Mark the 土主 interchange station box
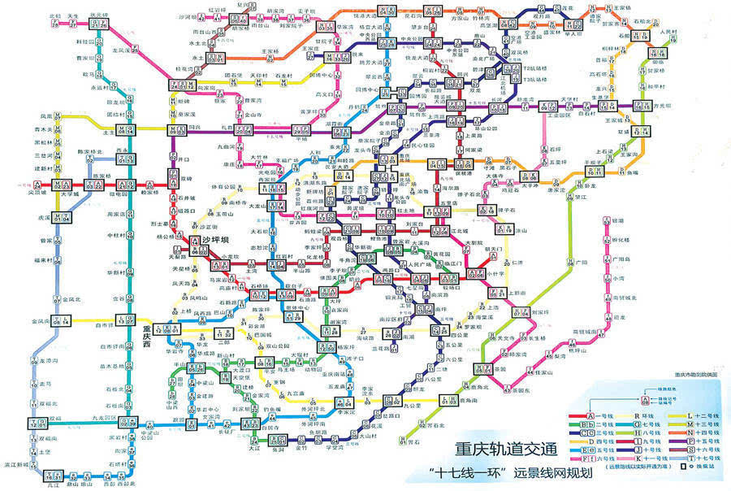point(129,131)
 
